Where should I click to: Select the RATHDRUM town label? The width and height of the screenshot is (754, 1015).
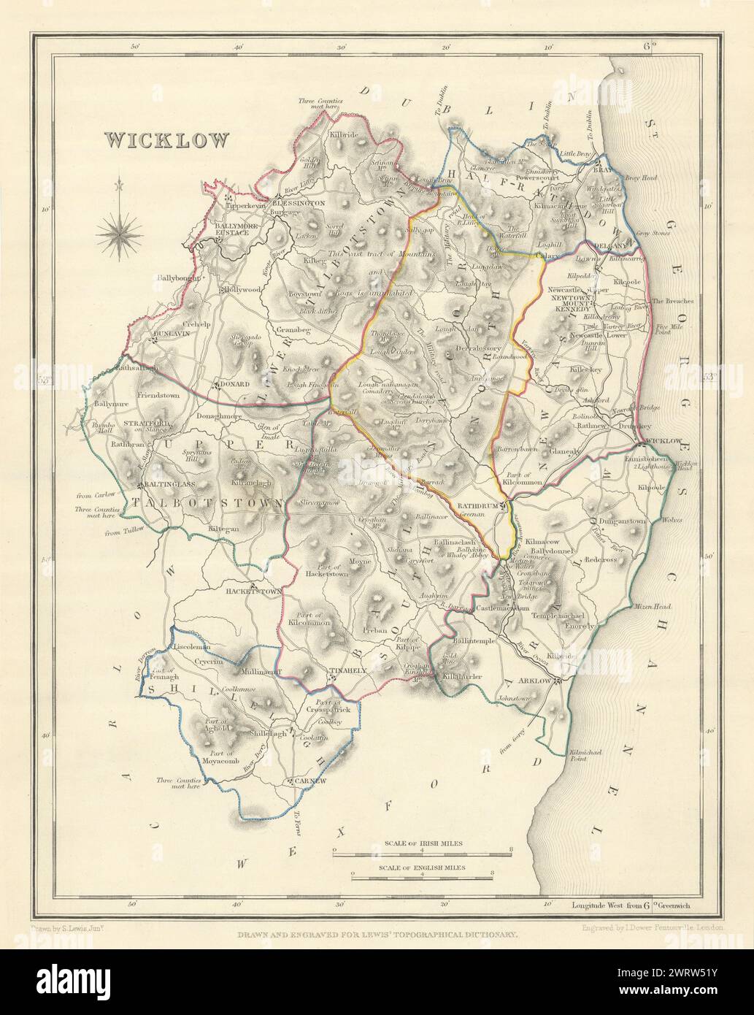point(478,505)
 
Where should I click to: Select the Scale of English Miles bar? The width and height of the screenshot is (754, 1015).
point(423,874)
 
